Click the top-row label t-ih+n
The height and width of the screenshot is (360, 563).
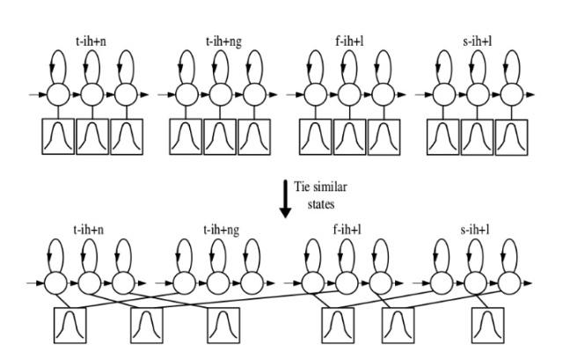pyautogui.click(x=91, y=41)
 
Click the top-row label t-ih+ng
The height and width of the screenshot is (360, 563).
pyautogui.click(x=223, y=42)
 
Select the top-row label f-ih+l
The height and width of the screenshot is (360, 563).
pyautogui.click(x=349, y=41)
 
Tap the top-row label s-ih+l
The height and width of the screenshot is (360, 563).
pyautogui.click(x=477, y=41)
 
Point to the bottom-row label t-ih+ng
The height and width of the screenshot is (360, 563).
pyautogui.click(x=221, y=230)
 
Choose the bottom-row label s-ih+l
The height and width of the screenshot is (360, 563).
pyautogui.click(x=475, y=230)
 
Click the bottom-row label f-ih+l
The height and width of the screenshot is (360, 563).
pyautogui.click(x=347, y=230)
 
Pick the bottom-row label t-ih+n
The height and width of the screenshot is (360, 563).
pyautogui.click(x=88, y=230)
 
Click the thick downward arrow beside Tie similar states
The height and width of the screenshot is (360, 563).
pyautogui.click(x=285, y=199)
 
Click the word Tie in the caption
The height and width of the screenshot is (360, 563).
pyautogui.click(x=301, y=187)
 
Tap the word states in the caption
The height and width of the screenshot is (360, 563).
pyautogui.click(x=321, y=204)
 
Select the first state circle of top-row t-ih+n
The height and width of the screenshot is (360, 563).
pyautogui.click(x=58, y=94)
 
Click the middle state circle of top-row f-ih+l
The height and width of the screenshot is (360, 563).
pyautogui.click(x=349, y=94)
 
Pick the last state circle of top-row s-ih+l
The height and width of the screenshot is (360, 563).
pyautogui.click(x=512, y=94)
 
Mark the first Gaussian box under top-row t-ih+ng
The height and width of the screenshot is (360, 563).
pyautogui.click(x=186, y=137)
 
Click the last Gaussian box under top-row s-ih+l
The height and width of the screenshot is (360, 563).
pyautogui.click(x=512, y=137)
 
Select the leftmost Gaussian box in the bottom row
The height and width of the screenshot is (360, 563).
pyautogui.click(x=70, y=325)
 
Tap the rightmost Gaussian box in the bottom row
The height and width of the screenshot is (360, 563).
pyautogui.click(x=487, y=325)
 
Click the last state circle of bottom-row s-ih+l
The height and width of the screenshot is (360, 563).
pyautogui.click(x=509, y=283)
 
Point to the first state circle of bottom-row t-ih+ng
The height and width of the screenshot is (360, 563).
pyautogui.click(x=184, y=283)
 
